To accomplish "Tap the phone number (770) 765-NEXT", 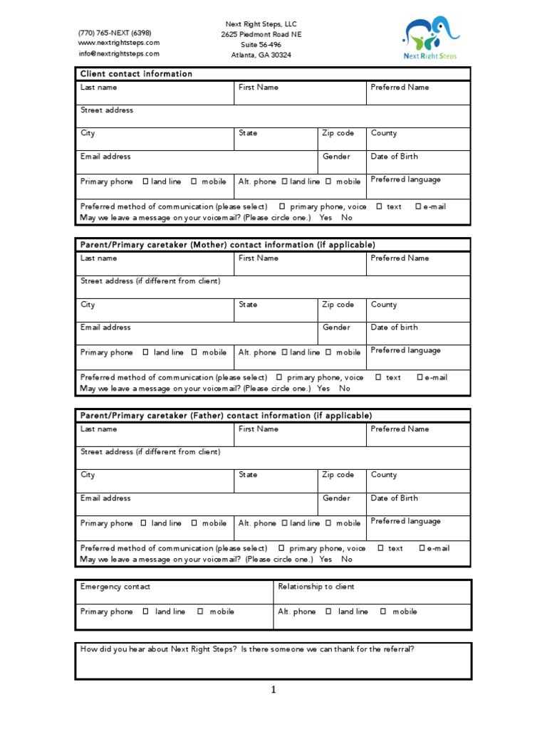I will coord(115,33).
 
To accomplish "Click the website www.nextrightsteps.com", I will coord(119,43).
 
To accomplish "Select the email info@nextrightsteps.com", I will coord(119,53).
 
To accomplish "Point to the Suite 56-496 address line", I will coord(261,44).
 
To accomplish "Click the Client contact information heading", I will coord(136,74).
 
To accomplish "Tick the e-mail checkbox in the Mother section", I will coord(420,377).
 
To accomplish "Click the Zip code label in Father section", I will coord(338,475).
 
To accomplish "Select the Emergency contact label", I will coord(115,587).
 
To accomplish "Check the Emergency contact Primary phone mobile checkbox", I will coord(200,612).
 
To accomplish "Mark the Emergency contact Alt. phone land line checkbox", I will coord(328,612).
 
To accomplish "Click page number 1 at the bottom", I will coord(272,690).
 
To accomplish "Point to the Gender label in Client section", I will coord(336,157).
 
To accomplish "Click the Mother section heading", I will coord(227,245).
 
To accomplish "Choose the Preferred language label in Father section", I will coord(405,521).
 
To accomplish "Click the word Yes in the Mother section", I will coord(323,389).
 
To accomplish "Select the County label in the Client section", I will coord(384,133).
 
